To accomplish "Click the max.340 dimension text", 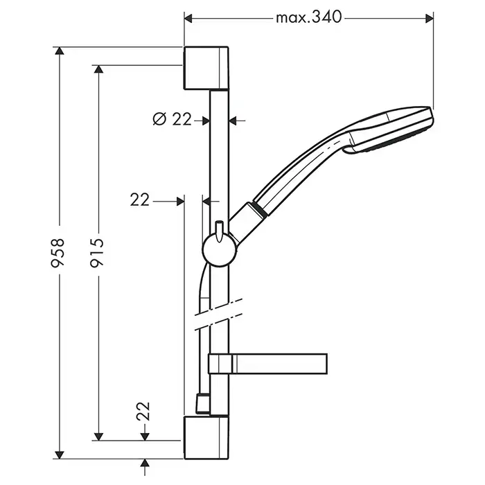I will coord(309,17).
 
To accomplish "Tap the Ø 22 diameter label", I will coord(172,120).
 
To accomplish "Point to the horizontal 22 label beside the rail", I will coord(140,200).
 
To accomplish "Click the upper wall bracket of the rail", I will coord(206,68).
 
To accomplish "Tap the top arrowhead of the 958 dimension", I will coord(61,51).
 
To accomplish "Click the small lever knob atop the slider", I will coord(219,229).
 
